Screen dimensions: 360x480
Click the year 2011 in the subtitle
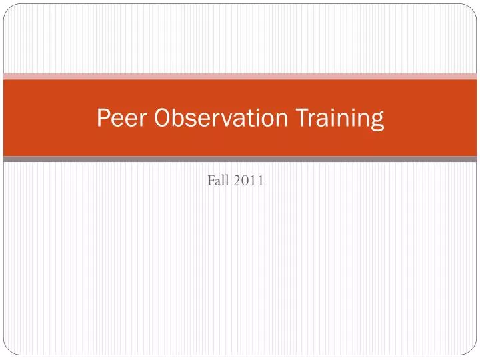(x=248, y=179)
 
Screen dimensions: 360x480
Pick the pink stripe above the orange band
(x=240, y=76)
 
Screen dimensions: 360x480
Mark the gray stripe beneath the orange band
(x=240, y=159)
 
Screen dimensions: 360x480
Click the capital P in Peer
(x=103, y=119)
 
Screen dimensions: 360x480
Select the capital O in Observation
(x=163, y=119)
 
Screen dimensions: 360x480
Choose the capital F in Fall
(x=211, y=179)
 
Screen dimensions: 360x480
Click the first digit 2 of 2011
(x=237, y=179)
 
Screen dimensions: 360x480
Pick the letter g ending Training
(x=377, y=121)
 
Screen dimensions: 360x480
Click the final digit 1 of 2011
(x=260, y=179)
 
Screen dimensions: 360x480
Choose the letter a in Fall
(x=217, y=181)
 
